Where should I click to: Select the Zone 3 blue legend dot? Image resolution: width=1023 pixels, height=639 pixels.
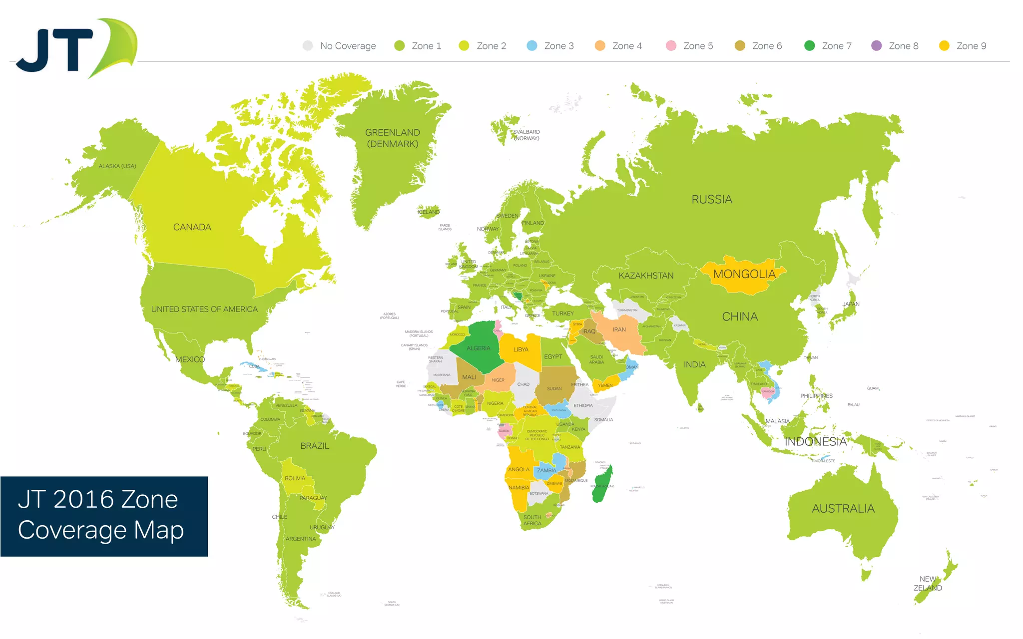click(532, 46)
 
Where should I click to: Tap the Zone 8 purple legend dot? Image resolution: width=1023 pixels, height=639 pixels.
click(876, 46)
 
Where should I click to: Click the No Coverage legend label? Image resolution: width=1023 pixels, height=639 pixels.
click(348, 46)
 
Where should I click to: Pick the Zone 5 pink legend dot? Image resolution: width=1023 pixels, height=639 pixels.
click(671, 46)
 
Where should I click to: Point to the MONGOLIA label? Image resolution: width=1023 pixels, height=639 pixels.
click(744, 274)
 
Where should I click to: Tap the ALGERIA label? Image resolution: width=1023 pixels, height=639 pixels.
click(478, 348)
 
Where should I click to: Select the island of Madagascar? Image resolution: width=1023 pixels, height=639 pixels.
click(601, 484)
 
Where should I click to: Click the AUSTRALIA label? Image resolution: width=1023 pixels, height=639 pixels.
click(843, 509)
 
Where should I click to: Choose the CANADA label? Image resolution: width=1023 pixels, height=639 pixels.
click(192, 227)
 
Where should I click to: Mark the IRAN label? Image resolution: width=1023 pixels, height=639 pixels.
click(619, 329)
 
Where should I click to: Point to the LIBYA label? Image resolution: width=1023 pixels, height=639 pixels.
click(520, 349)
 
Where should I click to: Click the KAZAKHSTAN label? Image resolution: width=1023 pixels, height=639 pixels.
click(646, 276)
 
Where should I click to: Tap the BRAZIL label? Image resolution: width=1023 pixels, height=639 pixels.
click(315, 446)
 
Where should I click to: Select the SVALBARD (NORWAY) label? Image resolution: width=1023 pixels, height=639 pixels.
click(526, 135)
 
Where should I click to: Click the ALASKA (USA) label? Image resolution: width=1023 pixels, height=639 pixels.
click(117, 166)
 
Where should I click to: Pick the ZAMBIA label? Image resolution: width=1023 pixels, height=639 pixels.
click(546, 470)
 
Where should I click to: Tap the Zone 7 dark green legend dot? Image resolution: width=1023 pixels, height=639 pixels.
click(810, 46)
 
